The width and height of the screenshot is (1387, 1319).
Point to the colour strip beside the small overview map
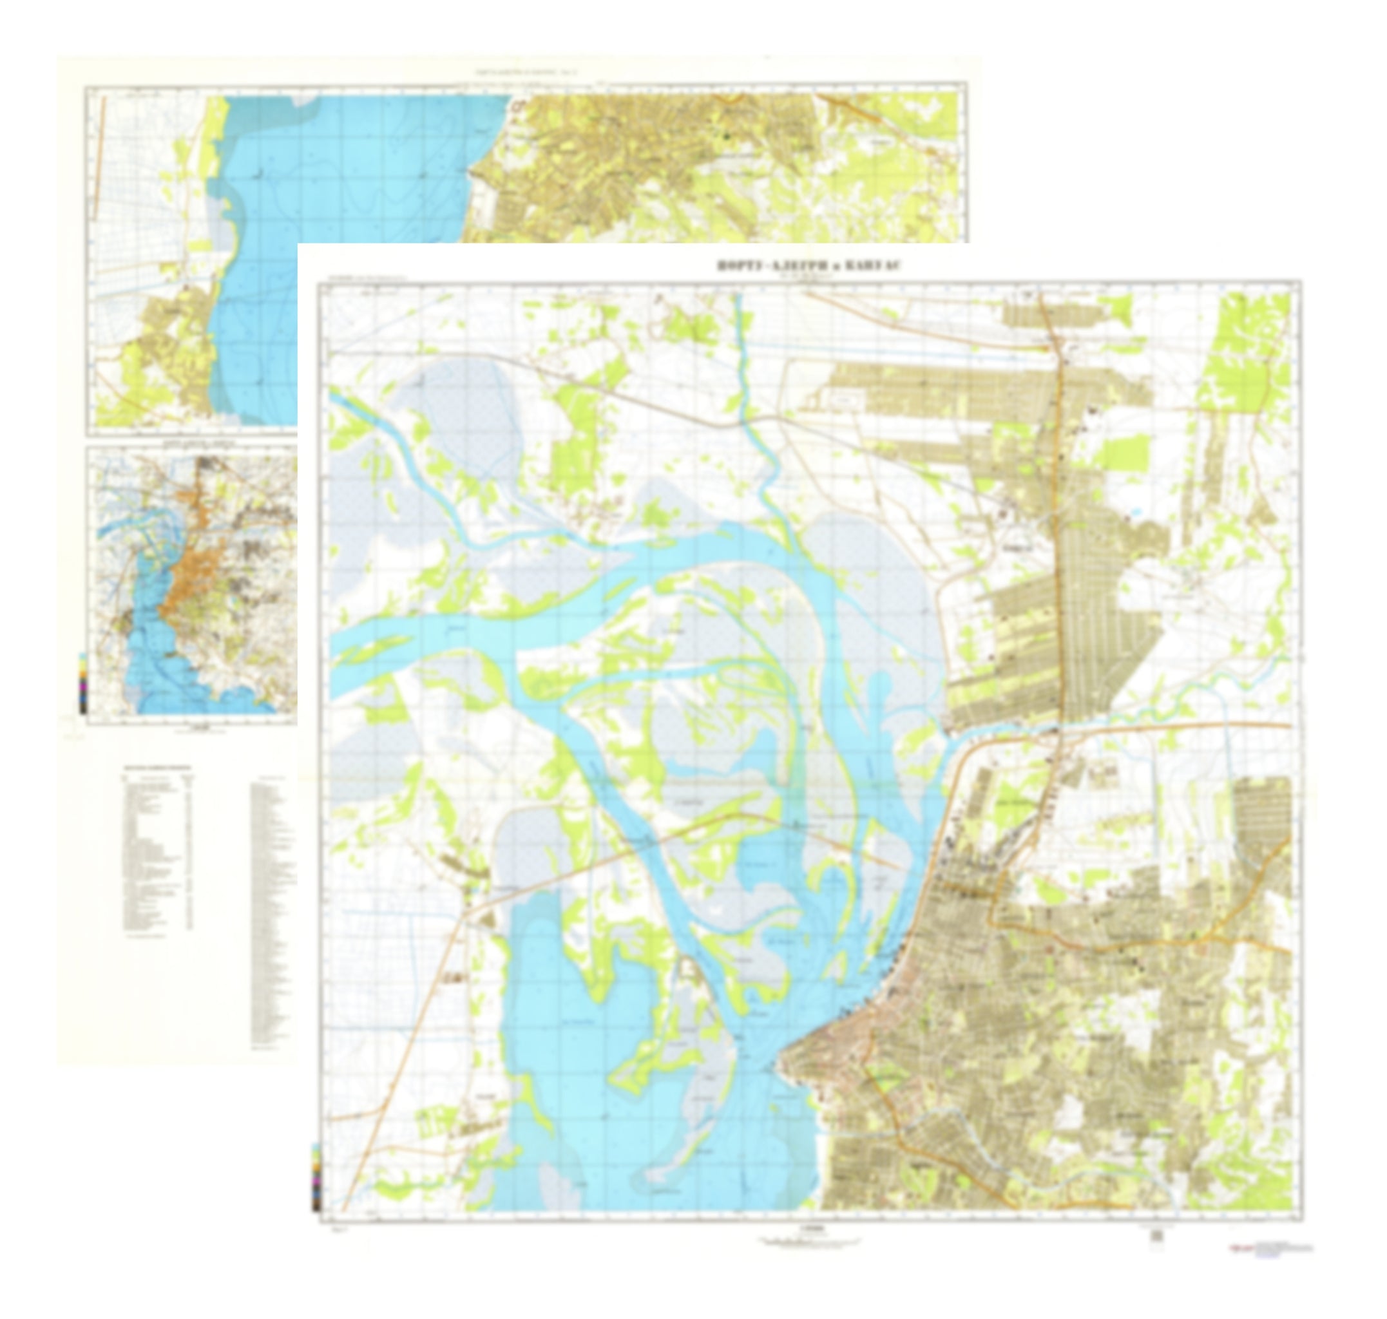coord(83,683)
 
